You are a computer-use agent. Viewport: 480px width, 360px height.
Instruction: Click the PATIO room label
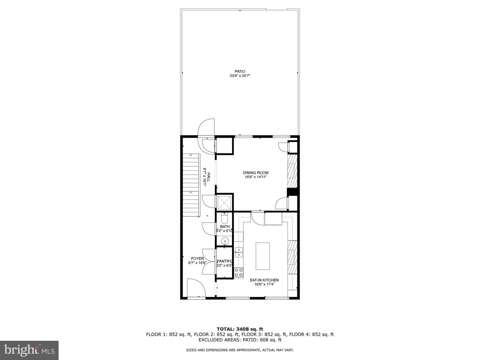pos(240,71)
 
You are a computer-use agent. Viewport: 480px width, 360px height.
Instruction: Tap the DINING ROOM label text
pos(255,173)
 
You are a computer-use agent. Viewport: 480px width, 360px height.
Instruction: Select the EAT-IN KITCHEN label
pos(264,280)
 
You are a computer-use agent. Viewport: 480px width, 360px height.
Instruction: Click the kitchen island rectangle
pos(263,256)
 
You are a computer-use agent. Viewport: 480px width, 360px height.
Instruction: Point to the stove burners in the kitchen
pos(238,272)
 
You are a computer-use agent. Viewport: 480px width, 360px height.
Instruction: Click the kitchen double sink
pos(238,252)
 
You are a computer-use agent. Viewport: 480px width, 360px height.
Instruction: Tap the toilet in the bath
pos(224,219)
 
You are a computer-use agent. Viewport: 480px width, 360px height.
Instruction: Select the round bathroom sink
pos(225,241)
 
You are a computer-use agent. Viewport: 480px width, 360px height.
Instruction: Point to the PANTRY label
pos(224,261)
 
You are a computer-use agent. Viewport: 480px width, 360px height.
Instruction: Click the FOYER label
pos(197,258)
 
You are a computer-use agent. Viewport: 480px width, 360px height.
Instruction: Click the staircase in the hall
pos(191,185)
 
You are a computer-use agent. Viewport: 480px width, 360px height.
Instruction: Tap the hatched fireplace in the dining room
pos(292,171)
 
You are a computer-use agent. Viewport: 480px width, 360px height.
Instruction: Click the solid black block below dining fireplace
pos(292,192)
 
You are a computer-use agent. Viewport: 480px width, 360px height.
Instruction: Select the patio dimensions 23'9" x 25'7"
pos(240,76)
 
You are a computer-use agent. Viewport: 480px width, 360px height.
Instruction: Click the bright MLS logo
pos(29,350)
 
